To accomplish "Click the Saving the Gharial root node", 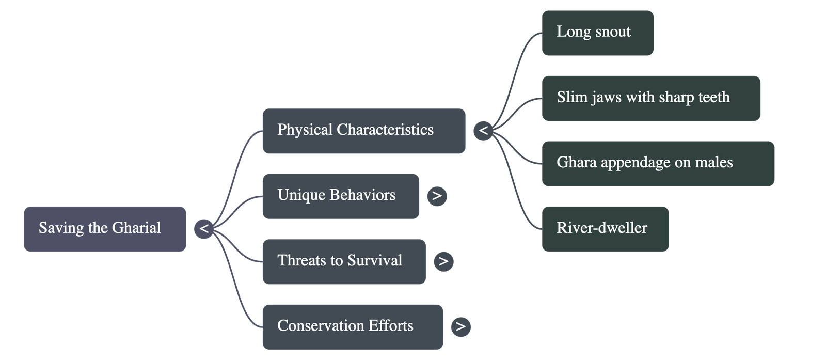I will [105, 229].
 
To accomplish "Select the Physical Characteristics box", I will [363, 131].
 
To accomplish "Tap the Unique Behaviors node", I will [340, 196].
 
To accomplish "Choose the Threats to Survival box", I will [344, 261].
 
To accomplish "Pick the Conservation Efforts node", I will [352, 327].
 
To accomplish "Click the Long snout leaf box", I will [597, 33].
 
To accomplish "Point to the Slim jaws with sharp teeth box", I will [650, 98].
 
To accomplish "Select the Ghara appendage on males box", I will [658, 163].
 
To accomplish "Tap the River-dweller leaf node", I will [605, 229].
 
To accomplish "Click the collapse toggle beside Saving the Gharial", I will [204, 229].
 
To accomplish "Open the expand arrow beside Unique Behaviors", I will [437, 196].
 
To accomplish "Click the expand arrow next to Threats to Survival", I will [443, 261].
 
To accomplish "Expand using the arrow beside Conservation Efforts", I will [460, 327].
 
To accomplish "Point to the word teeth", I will [713, 97].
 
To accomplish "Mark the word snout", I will [613, 32].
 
